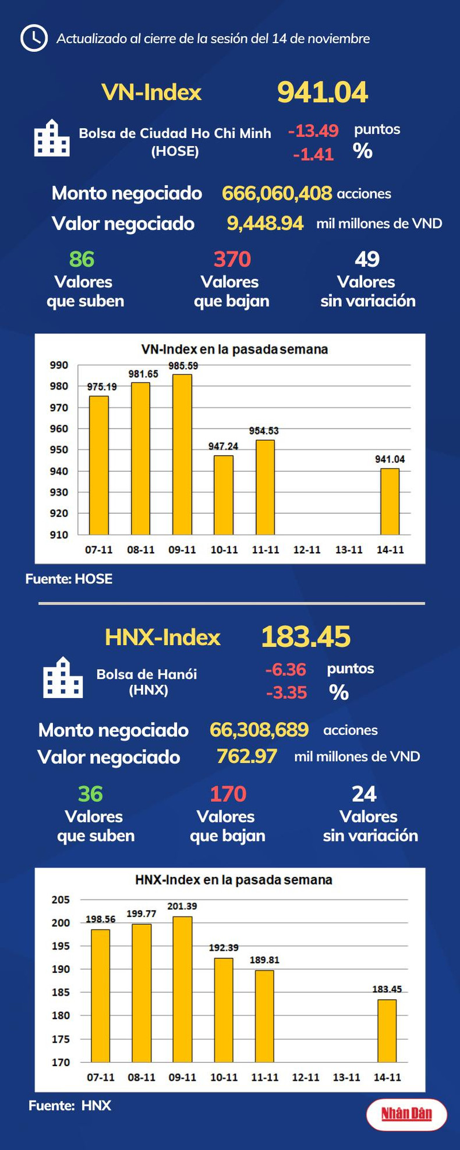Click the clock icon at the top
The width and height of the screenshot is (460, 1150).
34,38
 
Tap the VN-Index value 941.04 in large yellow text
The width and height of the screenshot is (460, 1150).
323,92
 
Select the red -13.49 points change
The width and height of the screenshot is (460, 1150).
313,130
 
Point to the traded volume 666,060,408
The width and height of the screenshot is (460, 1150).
277,193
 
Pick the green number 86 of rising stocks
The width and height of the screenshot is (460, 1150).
82,259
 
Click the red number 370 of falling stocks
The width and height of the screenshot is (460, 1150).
232,259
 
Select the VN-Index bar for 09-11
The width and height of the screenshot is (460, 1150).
182,454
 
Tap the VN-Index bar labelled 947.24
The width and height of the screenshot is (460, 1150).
224,494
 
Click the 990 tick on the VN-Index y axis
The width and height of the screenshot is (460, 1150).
59,365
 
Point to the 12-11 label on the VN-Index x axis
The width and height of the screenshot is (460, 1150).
307,550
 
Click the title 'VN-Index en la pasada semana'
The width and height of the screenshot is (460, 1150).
235,349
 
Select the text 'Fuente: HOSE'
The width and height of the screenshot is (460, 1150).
69,579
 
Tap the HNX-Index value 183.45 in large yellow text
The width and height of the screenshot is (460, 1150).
306,636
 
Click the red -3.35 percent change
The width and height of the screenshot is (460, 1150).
286,692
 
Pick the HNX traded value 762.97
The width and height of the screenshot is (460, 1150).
247,756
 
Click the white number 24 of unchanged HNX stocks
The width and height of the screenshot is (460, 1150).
364,794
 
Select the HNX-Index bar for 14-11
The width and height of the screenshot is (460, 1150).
387,1031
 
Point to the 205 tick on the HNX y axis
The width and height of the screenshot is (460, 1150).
61,900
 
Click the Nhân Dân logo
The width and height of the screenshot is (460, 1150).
406,1114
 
